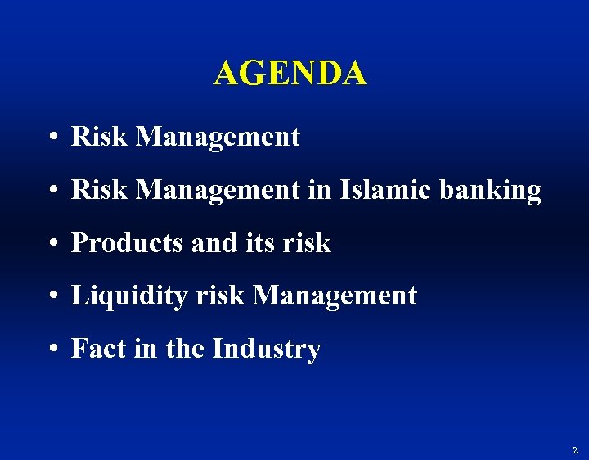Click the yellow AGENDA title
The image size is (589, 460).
[290, 74]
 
